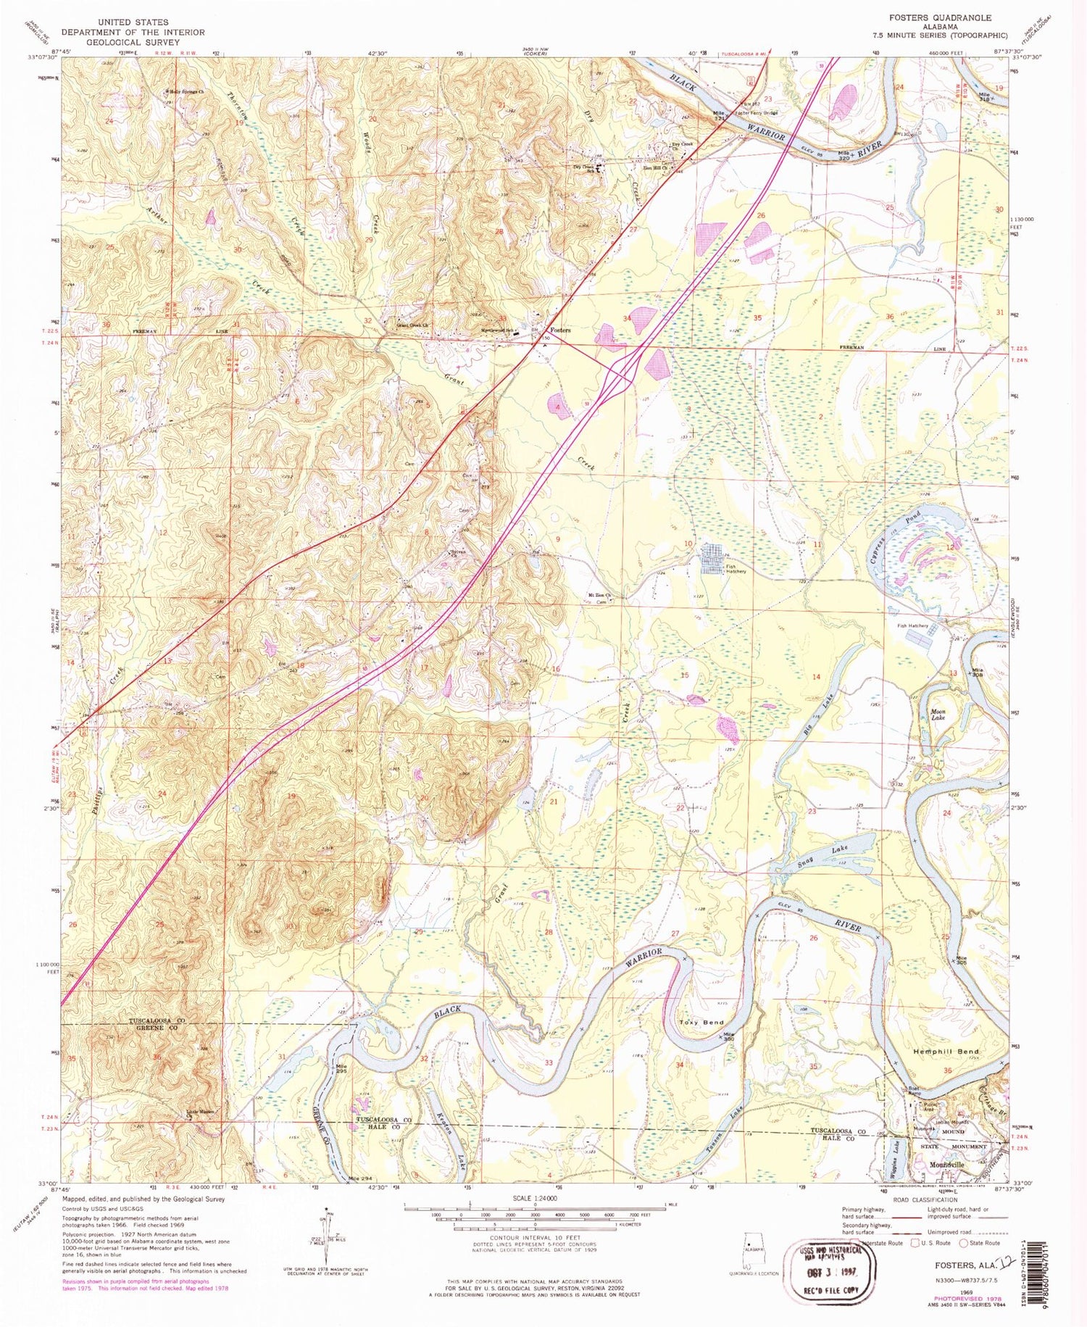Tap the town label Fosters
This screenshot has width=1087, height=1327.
coord(560,330)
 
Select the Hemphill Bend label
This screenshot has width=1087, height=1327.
coord(946,1051)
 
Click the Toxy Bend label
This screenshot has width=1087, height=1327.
coord(701,1022)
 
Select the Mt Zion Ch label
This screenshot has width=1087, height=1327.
coord(600,596)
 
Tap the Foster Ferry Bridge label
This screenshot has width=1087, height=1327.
coord(757,114)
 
